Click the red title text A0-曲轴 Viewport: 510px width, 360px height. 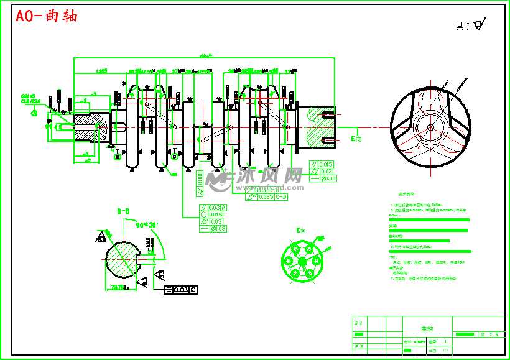(x=47, y=16)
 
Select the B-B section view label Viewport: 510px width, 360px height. (x=123, y=211)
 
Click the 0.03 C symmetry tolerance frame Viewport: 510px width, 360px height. (x=180, y=290)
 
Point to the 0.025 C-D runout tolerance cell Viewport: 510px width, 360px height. (x=274, y=197)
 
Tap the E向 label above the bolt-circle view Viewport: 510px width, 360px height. (x=301, y=231)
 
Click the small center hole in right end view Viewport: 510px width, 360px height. (x=430, y=127)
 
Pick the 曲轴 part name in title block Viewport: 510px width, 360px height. (x=427, y=328)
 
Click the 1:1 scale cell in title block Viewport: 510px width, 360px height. (x=445, y=351)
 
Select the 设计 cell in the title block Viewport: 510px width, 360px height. (x=359, y=324)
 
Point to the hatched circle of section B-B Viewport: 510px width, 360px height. (x=123, y=261)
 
